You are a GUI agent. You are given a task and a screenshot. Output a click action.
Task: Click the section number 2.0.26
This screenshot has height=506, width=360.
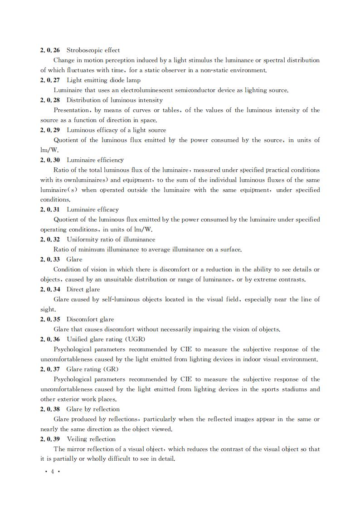[x=50, y=50]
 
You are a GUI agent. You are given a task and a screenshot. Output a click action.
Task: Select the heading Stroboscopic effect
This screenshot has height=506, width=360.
[x=93, y=50]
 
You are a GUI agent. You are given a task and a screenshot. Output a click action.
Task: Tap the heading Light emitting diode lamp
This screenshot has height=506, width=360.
[x=103, y=80]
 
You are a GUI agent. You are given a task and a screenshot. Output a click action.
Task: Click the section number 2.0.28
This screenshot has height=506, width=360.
[x=50, y=100]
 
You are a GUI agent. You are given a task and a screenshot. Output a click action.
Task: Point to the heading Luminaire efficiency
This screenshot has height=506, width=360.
[x=95, y=160]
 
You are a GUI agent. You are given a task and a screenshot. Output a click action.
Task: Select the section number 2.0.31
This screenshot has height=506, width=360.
[x=50, y=210]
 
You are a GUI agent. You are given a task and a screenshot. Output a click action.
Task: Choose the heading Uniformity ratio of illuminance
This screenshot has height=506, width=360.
[x=111, y=240]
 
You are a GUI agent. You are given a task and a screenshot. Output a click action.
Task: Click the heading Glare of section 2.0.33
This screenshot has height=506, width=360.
[x=74, y=260]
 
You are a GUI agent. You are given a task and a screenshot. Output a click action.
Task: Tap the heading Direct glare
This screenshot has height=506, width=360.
[x=83, y=290]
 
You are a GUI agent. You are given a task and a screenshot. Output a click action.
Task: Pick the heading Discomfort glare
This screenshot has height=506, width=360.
[x=90, y=319]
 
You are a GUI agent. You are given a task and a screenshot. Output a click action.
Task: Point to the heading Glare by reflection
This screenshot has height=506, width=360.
[x=93, y=409]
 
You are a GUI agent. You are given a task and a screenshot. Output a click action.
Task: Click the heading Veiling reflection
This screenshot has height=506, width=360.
[x=91, y=439]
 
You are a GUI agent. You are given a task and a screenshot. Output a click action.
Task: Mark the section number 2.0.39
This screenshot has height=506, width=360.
[x=50, y=439]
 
